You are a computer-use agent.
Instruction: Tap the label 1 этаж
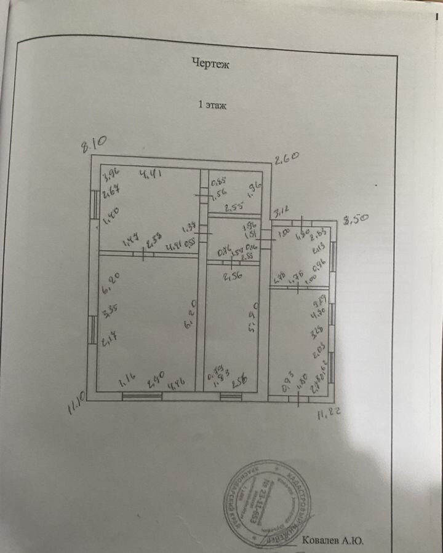212,105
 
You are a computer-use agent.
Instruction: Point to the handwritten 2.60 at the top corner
286,158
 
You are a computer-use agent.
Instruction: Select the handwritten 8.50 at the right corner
355,219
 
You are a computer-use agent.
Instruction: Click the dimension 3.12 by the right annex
281,213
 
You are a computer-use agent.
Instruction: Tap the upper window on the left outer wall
95,205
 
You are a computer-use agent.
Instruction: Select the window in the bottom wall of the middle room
231,396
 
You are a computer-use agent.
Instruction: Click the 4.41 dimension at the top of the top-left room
150,174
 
